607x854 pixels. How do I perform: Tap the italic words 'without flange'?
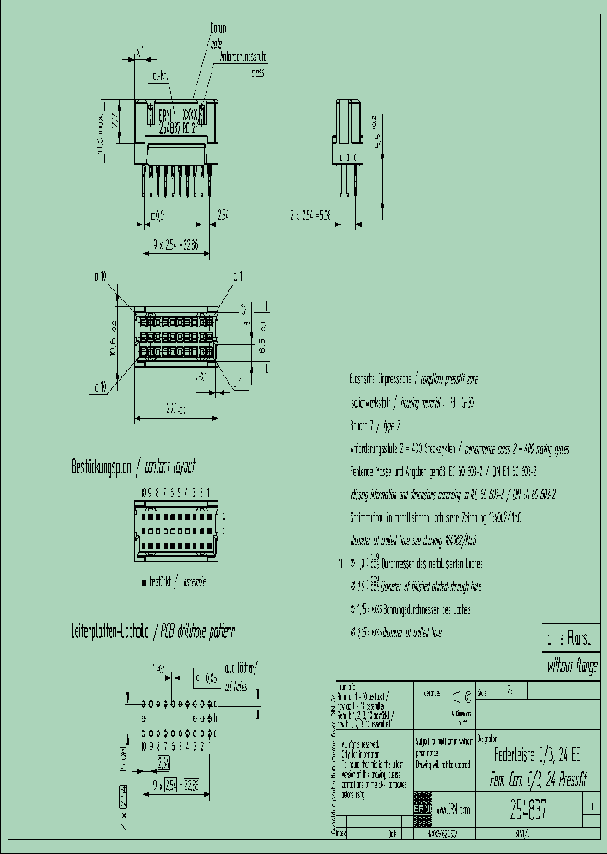coord(571,665)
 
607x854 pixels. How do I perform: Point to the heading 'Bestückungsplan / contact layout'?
coord(133,466)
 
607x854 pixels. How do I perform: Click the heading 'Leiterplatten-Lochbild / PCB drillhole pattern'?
coord(153,631)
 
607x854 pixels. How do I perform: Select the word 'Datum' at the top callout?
coord(218,29)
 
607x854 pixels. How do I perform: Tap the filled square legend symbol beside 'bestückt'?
coord(143,582)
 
